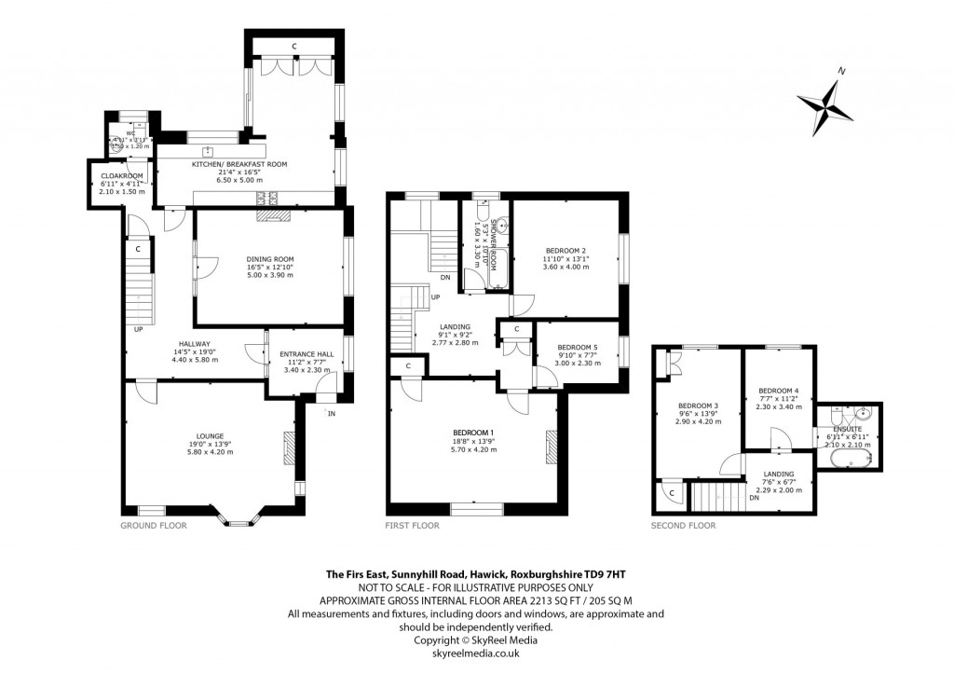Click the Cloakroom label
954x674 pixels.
point(121,175)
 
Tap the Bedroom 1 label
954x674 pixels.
point(475,433)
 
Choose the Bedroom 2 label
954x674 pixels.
point(566,251)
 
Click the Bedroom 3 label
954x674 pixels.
point(698,406)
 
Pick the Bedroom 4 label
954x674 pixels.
point(778,390)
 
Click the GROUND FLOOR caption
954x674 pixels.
point(153,526)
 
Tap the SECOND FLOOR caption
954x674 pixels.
point(683,526)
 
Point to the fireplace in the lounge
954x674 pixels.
point(289,448)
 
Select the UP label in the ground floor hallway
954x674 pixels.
point(138,329)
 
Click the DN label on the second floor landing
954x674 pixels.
point(752,498)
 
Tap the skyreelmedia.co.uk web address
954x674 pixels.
point(476,654)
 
